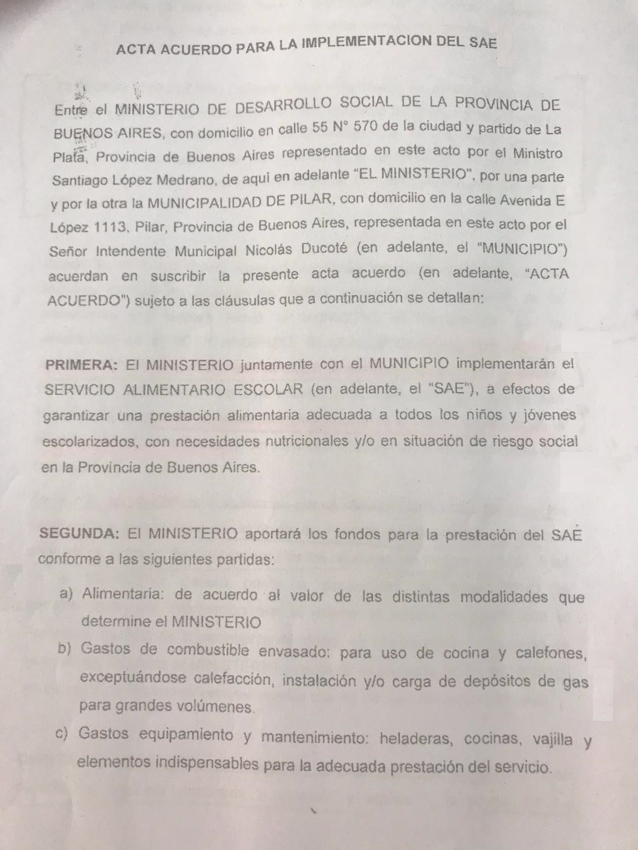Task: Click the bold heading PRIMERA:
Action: (81, 365)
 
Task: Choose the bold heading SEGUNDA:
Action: (79, 533)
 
